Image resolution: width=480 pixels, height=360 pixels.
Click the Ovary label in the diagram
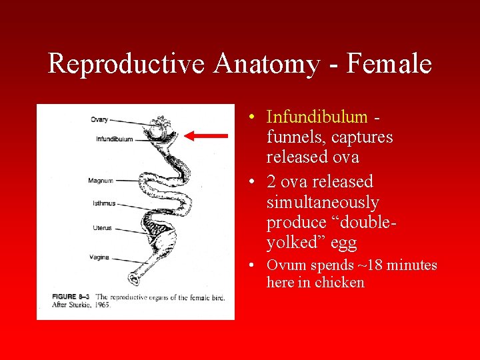point(99,120)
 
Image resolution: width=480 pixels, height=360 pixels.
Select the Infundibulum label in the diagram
point(114,139)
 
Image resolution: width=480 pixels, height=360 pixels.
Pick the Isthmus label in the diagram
point(104,203)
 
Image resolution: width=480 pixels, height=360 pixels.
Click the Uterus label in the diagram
point(102,228)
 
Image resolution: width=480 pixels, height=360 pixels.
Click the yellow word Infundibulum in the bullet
point(317,117)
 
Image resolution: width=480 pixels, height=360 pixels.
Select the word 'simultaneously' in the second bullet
point(323,202)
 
